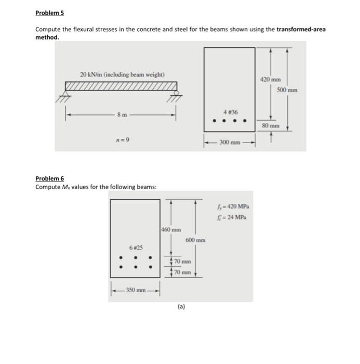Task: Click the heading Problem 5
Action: [x=49, y=12]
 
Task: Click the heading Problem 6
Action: [x=49, y=178]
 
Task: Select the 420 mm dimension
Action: [x=270, y=80]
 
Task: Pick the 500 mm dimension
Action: [x=287, y=90]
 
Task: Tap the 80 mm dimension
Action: [x=270, y=126]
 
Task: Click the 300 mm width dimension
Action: [x=229, y=141]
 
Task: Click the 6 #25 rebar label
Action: [x=135, y=249]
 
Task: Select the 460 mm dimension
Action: [x=171, y=229]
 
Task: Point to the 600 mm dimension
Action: [x=195, y=240]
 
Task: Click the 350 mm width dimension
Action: [x=135, y=290]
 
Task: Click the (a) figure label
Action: [x=180, y=307]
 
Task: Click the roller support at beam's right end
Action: [x=176, y=94]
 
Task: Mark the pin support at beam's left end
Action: [x=65, y=95]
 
